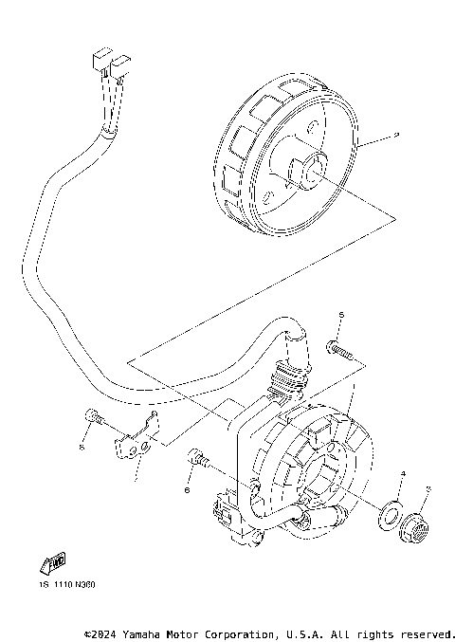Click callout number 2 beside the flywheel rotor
click(397, 137)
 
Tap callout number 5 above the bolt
click(342, 314)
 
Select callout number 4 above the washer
click(402, 473)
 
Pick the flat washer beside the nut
click(390, 514)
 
